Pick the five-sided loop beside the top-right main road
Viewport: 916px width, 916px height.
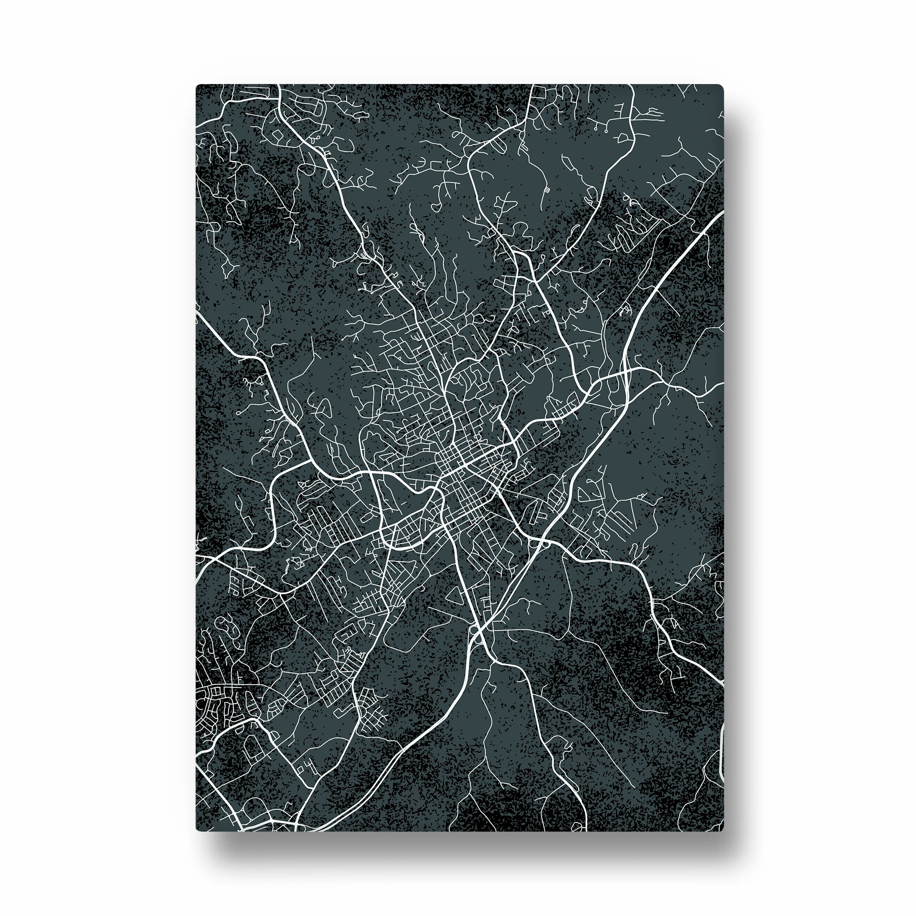(624, 137)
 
